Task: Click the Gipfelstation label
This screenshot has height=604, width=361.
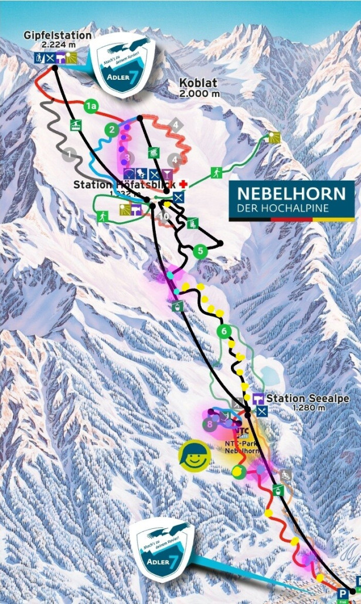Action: point(57,36)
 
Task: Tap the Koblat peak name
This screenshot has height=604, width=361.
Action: point(200,84)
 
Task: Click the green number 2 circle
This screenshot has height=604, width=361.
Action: point(111,130)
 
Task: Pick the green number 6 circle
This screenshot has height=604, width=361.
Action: point(223,331)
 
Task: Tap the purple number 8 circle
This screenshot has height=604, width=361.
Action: point(208,423)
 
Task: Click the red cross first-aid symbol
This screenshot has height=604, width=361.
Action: point(183,184)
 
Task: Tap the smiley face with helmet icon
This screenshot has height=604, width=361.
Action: point(195,456)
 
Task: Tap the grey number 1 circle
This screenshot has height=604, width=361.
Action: point(70,155)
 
